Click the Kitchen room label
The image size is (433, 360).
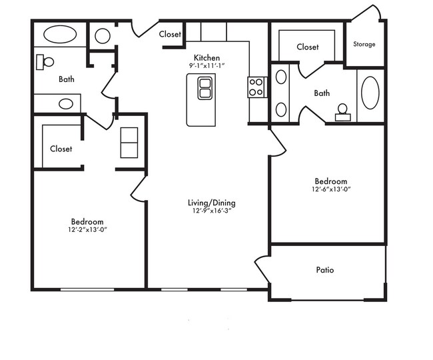pyautogui.click(x=207, y=58)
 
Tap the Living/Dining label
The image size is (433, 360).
pyautogui.click(x=212, y=203)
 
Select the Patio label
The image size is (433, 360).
pyautogui.click(x=325, y=269)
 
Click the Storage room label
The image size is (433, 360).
pyautogui.click(x=364, y=44)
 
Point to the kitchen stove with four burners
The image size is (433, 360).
pyautogui.click(x=257, y=87)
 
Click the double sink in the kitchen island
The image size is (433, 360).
pyautogui.click(x=205, y=89)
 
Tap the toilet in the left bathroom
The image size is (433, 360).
pyautogui.click(x=45, y=62)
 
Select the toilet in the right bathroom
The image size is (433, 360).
pyautogui.click(x=342, y=113)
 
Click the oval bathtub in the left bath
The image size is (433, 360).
pyautogui.click(x=60, y=35)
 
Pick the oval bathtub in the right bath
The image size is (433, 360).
pyautogui.click(x=370, y=93)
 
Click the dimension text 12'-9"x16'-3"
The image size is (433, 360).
pyautogui.click(x=212, y=211)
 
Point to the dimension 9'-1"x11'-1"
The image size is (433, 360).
pyautogui.click(x=207, y=66)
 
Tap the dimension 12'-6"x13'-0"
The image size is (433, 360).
pyautogui.click(x=331, y=189)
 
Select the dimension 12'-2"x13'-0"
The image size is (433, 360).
pyautogui.click(x=87, y=229)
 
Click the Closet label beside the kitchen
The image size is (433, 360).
pyautogui.click(x=170, y=34)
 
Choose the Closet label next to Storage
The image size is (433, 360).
pyautogui.click(x=308, y=47)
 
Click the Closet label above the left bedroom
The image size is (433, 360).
pyautogui.click(x=61, y=149)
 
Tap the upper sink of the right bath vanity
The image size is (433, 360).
pyautogui.click(x=281, y=77)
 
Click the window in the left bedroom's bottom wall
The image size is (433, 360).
pyautogui.click(x=87, y=289)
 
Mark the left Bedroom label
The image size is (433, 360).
pyautogui.click(x=87, y=221)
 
